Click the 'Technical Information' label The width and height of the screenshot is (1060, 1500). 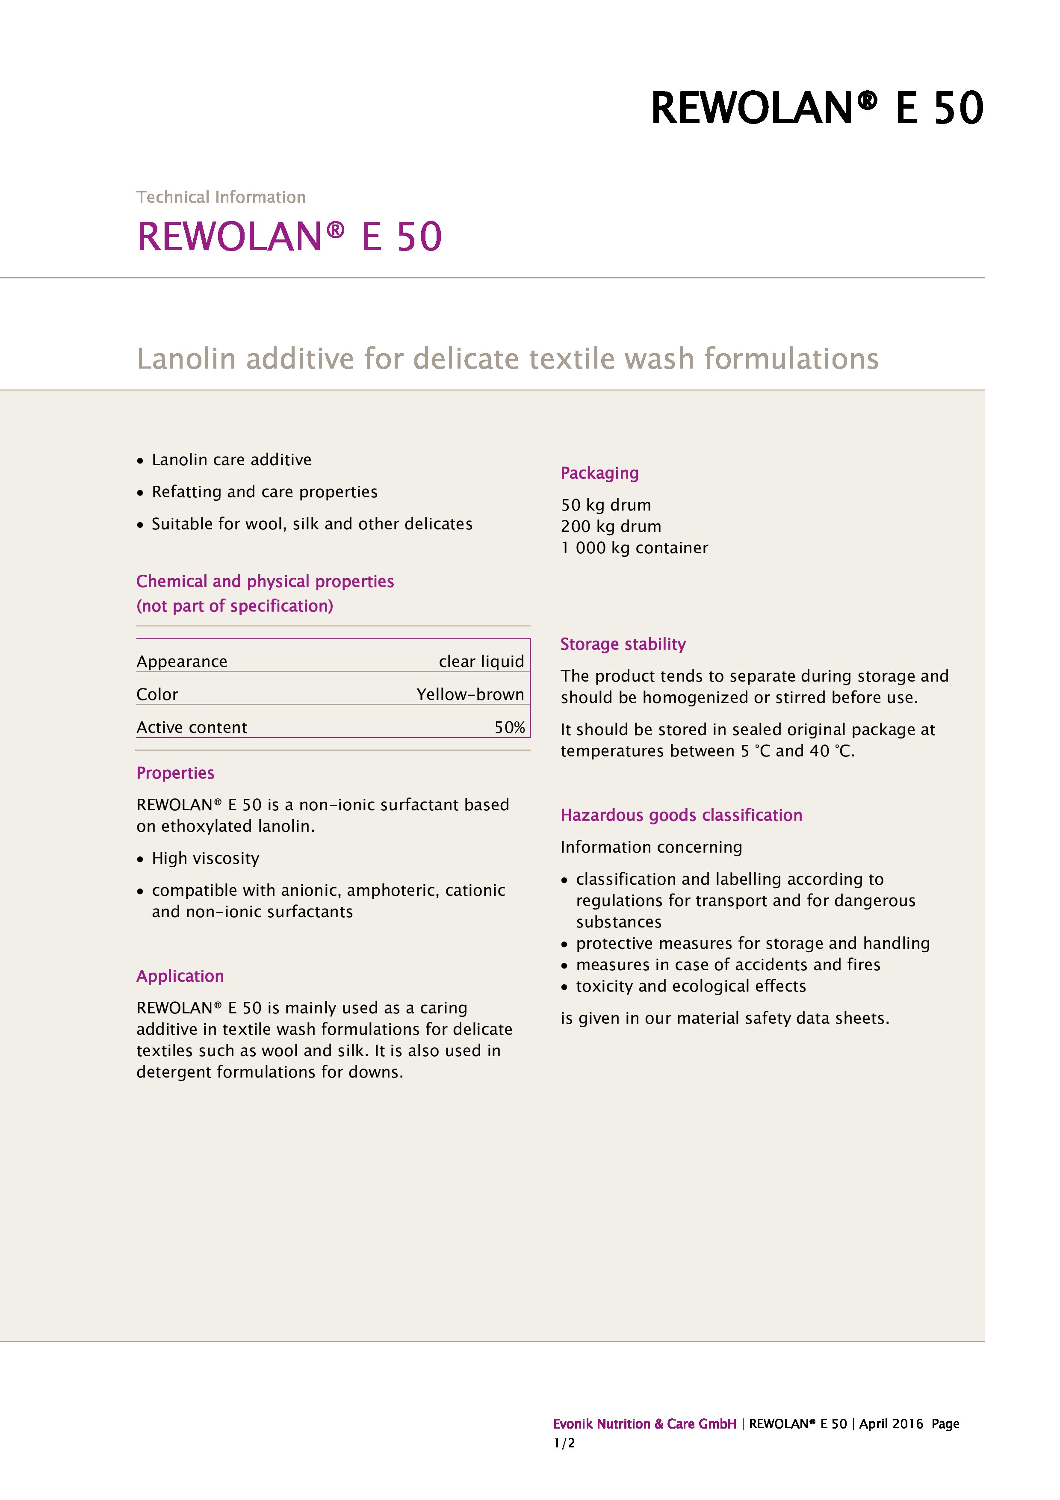[221, 197]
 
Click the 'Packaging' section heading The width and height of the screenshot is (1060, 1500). [599, 473]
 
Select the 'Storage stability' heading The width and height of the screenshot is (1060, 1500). [623, 644]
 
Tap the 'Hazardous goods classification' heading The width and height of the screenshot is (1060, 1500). [681, 815]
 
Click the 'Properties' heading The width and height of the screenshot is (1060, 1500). [175, 773]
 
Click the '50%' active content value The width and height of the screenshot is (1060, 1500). [509, 728]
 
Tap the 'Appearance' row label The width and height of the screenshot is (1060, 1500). [182, 662]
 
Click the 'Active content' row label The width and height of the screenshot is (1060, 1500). [192, 728]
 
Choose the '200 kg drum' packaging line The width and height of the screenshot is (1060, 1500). [611, 526]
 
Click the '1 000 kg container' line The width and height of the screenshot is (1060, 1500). [634, 548]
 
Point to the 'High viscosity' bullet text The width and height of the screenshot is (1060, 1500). [205, 859]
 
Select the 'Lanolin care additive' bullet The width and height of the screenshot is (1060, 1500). [231, 460]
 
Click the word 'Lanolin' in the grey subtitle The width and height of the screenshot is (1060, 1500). [186, 359]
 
